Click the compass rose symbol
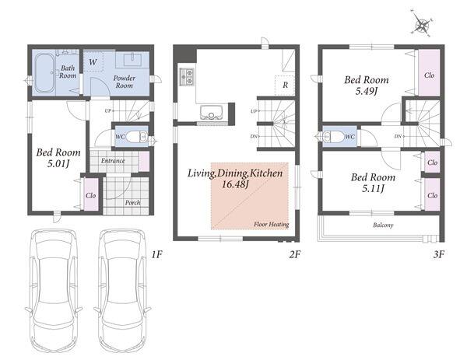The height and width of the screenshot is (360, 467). pyautogui.click(x=422, y=24)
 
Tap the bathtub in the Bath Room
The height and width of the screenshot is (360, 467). pyautogui.click(x=44, y=73)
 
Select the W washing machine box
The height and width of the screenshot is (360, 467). pyautogui.click(x=93, y=61)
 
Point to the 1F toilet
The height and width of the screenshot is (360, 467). pyautogui.click(x=136, y=137)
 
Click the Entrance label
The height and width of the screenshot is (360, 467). pyautogui.click(x=113, y=161)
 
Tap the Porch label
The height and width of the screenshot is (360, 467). pyautogui.click(x=132, y=203)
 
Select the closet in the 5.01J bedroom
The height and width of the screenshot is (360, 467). pyautogui.click(x=90, y=194)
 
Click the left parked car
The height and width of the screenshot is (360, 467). pyautogui.click(x=54, y=290)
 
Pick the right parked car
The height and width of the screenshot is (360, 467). pyautogui.click(x=122, y=290)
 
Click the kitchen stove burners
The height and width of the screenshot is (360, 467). pyautogui.click(x=187, y=77)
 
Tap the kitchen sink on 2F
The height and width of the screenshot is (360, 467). pyautogui.click(x=211, y=112)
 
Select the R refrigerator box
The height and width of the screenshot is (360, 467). pyautogui.click(x=285, y=85)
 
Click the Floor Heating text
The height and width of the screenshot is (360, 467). pyautogui.click(x=272, y=225)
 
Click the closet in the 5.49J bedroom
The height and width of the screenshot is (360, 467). pyautogui.click(x=429, y=72)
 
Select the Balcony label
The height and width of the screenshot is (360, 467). pyautogui.click(x=383, y=225)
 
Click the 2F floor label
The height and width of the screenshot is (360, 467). pyautogui.click(x=295, y=254)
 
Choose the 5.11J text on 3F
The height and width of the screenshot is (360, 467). pyautogui.click(x=373, y=188)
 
